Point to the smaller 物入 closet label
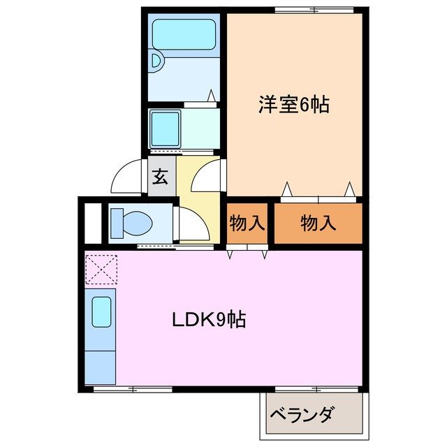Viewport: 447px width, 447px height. pyautogui.click(x=247, y=224)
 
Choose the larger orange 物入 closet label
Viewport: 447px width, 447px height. pyautogui.click(x=318, y=224)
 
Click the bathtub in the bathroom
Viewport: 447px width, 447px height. pyautogui.click(x=184, y=35)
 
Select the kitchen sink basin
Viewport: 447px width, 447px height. pyautogui.click(x=102, y=310)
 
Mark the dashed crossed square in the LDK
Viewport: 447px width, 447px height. pyautogui.click(x=101, y=270)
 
